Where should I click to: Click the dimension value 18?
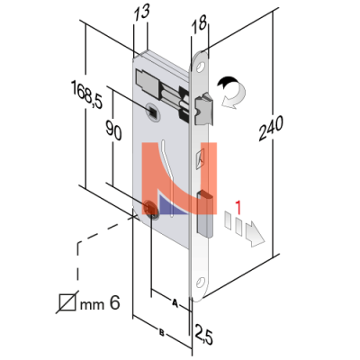click(x=199, y=22)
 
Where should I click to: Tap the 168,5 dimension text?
click(x=86, y=94)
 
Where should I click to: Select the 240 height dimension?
click(x=271, y=129)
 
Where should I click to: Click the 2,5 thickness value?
click(x=203, y=334)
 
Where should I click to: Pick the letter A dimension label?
click(x=175, y=302)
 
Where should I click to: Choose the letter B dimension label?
click(x=161, y=332)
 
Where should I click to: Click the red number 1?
click(x=238, y=208)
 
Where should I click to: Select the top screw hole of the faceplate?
click(x=201, y=67)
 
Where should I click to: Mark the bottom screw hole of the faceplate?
click(x=200, y=282)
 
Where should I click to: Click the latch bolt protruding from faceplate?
click(x=204, y=109)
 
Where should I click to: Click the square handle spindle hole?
click(x=153, y=112)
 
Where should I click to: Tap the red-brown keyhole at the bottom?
click(x=150, y=208)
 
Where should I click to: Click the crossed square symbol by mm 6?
click(x=67, y=302)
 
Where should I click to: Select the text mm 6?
click(x=100, y=303)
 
